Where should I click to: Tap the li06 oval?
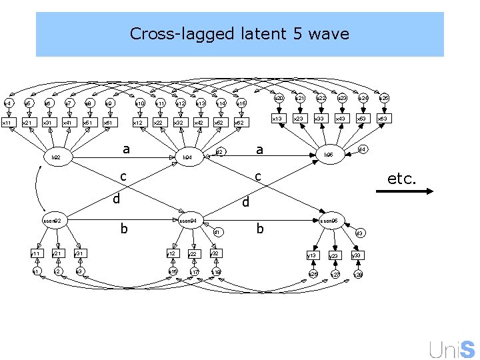(329, 154)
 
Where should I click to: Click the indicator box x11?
(7, 123)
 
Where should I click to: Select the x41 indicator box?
(67, 123)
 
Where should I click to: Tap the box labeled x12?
(137, 123)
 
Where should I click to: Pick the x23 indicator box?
(300, 119)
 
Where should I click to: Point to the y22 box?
(193, 253)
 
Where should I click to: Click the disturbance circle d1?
(217, 232)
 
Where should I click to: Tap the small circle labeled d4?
(363, 149)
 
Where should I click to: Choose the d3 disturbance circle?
(359, 233)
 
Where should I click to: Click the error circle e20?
(280, 98)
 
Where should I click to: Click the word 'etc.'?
(402, 179)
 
